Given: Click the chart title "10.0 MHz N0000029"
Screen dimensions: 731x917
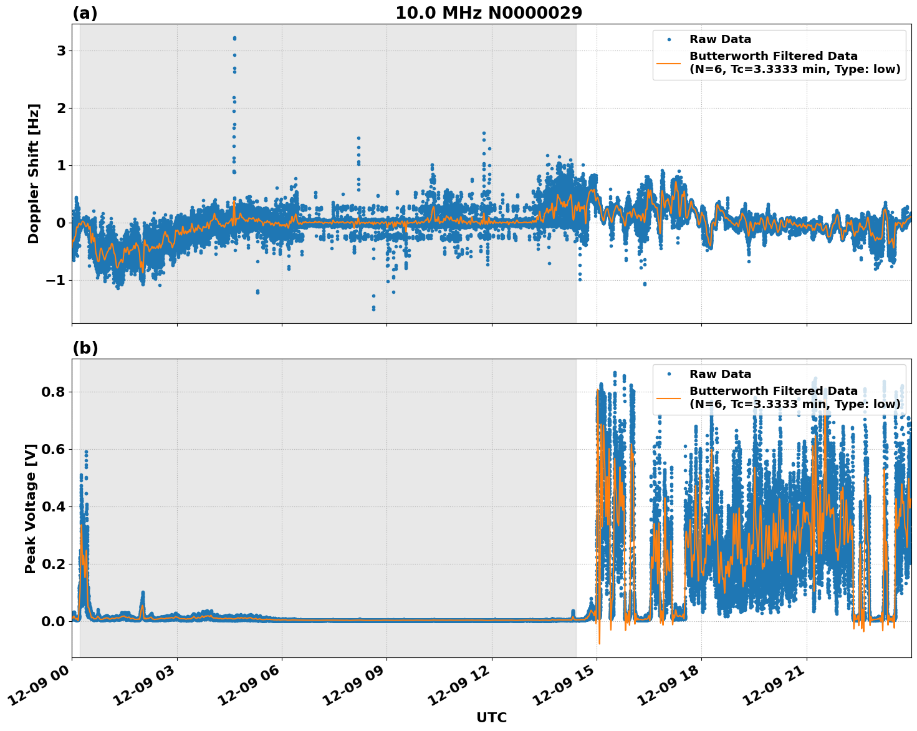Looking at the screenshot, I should click(488, 13).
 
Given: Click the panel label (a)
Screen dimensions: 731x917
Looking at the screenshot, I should click(85, 13).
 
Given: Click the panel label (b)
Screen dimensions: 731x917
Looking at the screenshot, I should click(85, 348).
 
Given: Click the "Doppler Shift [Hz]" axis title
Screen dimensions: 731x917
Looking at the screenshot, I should click(34, 173).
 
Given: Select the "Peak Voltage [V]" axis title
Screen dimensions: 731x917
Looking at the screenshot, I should click(31, 508).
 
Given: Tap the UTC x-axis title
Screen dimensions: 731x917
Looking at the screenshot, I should click(491, 717).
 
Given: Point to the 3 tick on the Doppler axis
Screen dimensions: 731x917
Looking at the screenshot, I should click(61, 51).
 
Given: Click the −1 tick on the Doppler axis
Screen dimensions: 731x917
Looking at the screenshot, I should click(56, 280).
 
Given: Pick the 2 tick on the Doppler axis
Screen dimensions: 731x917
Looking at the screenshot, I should click(61, 108).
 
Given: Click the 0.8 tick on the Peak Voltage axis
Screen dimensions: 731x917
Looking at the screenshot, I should click(52, 392).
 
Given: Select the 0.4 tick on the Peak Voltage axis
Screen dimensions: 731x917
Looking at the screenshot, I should click(52, 506).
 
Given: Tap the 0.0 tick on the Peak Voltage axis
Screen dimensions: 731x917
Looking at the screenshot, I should click(52, 621).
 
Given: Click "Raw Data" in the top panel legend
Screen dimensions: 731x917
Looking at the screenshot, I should click(720, 39).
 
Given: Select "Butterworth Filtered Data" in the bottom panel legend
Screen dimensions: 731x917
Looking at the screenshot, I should click(773, 391).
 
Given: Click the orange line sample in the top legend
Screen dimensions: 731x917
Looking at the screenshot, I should click(669, 62).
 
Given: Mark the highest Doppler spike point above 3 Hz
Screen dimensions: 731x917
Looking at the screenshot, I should click(234, 38).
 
